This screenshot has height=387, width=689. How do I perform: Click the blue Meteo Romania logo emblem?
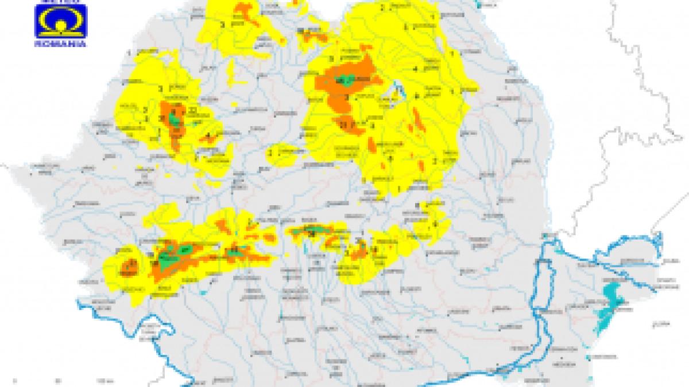pyautogui.click(x=60, y=22)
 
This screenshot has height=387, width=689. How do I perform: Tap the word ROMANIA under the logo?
pyautogui.click(x=60, y=44)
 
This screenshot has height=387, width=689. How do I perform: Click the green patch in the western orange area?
pyautogui.click(x=174, y=119)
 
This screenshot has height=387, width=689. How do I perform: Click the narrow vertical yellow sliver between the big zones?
pyautogui.click(x=231, y=72)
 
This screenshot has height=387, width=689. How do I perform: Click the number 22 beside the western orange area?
pyautogui.click(x=193, y=110)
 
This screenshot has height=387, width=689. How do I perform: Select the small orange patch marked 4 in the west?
pyautogui.click(x=207, y=138)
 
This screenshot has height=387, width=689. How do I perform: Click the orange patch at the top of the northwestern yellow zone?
pyautogui.click(x=244, y=14)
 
